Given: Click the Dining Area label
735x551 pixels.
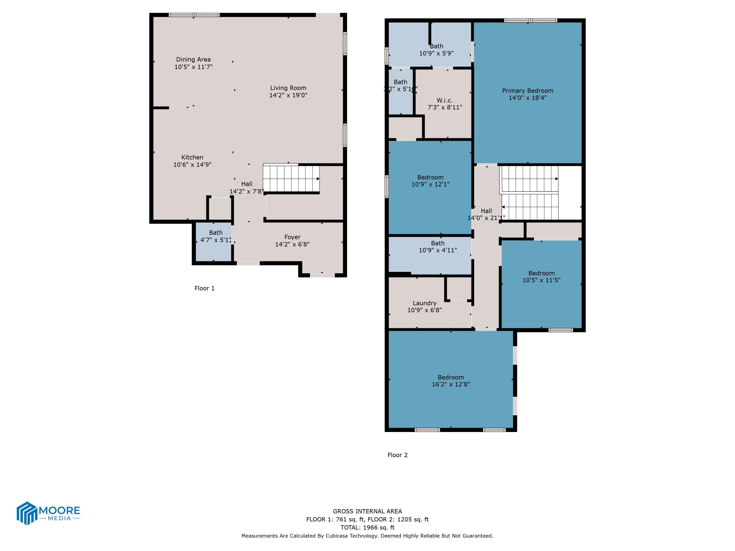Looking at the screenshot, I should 193,60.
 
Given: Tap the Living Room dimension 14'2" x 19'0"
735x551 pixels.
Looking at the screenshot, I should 288,95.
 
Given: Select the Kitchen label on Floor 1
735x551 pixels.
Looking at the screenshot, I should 192,157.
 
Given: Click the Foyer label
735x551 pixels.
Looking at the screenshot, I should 292,237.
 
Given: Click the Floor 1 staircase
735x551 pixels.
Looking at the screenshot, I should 291,179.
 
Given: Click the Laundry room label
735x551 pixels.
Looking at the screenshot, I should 424,303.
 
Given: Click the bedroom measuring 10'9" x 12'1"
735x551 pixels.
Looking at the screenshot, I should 430,181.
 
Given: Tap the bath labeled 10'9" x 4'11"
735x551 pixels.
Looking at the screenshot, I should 437,247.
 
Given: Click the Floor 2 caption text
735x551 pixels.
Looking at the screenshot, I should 397,455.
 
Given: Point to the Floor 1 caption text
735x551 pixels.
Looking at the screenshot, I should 204,288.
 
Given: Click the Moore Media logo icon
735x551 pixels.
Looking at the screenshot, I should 26,513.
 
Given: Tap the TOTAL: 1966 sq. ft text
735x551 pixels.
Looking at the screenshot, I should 367,527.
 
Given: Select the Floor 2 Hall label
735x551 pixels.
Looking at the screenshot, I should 486,211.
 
